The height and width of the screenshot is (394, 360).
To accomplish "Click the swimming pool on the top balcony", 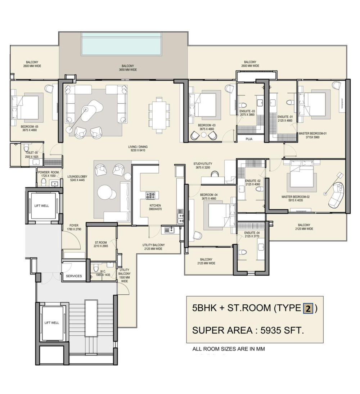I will (x=121, y=44).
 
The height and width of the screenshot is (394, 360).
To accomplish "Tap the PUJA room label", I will (x=249, y=138).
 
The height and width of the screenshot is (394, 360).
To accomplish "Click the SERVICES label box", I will (x=73, y=276).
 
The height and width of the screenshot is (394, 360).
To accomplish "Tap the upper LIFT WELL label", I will (x=41, y=206).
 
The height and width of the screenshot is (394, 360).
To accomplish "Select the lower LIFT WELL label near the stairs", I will (x=51, y=323).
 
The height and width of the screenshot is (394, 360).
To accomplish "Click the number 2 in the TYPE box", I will (x=308, y=308).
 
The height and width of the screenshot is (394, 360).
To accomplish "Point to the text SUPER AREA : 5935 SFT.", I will (x=248, y=330).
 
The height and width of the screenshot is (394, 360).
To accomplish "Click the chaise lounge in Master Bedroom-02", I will (x=337, y=195).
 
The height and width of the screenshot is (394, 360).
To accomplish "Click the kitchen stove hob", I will (x=150, y=196).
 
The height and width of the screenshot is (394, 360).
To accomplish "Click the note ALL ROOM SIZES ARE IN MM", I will (x=229, y=349).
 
